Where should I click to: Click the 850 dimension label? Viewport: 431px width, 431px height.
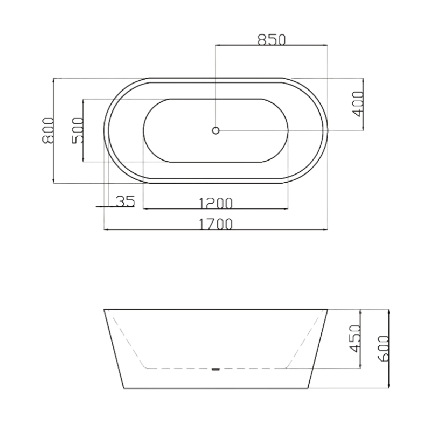pos(271,39)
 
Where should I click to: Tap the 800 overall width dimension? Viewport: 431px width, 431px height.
pos(47,130)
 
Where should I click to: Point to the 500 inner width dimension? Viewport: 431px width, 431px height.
pos(77,130)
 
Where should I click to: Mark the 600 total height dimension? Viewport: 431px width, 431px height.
pos(383,349)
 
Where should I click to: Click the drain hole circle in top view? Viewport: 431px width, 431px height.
pos(215,130)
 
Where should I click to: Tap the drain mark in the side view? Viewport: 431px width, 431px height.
pos(215,369)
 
